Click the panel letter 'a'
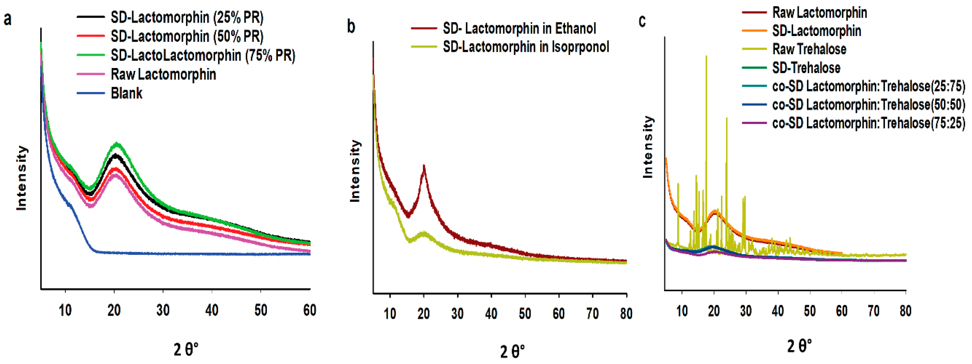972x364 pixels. [x=7, y=19]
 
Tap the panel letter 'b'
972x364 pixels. [x=351, y=26]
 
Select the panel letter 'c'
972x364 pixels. [x=642, y=20]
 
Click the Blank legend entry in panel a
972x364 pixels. [x=126, y=93]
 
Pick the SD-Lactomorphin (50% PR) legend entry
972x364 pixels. [x=187, y=36]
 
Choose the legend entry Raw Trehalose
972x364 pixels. [x=809, y=49]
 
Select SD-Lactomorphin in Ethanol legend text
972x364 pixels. [x=519, y=28]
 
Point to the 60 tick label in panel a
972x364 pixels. [x=309, y=311]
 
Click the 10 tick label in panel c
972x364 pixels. [x=682, y=311]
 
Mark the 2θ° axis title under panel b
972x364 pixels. [x=512, y=352]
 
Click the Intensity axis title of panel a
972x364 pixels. [x=21, y=177]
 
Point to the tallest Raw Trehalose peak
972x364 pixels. [x=706, y=57]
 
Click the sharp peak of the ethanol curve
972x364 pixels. [x=424, y=166]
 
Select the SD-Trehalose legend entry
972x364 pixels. [x=806, y=68]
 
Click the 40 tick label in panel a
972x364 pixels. [x=212, y=311]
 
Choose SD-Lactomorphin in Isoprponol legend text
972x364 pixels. [x=526, y=47]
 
